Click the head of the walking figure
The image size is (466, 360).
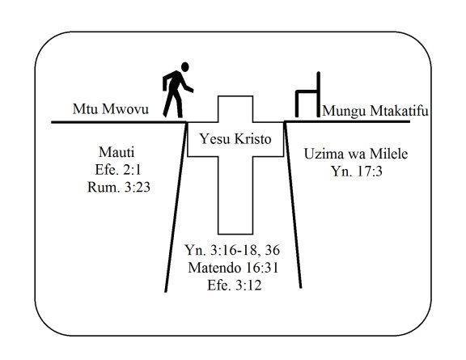click(x=184, y=67)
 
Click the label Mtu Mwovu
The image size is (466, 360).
click(x=111, y=109)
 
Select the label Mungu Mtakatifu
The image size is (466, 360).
click(x=375, y=111)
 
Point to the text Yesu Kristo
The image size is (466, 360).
click(x=235, y=139)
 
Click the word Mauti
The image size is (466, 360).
click(x=116, y=152)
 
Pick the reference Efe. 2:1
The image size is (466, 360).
click(x=117, y=170)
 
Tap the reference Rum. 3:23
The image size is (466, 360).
click(x=119, y=188)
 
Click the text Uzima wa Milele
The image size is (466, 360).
click(x=356, y=154)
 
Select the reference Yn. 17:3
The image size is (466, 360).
click(x=357, y=172)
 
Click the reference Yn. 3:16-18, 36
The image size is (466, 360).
click(x=232, y=250)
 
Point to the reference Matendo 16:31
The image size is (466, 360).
click(x=233, y=268)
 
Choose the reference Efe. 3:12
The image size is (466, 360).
click(x=234, y=285)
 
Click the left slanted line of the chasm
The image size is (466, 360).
click(x=176, y=207)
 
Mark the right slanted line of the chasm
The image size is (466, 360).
click(x=293, y=205)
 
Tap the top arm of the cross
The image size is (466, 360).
click(x=235, y=108)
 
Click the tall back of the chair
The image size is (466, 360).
click(x=319, y=95)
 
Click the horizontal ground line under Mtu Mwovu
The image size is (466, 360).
click(x=119, y=122)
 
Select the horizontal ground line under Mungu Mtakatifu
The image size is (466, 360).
click(x=347, y=121)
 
